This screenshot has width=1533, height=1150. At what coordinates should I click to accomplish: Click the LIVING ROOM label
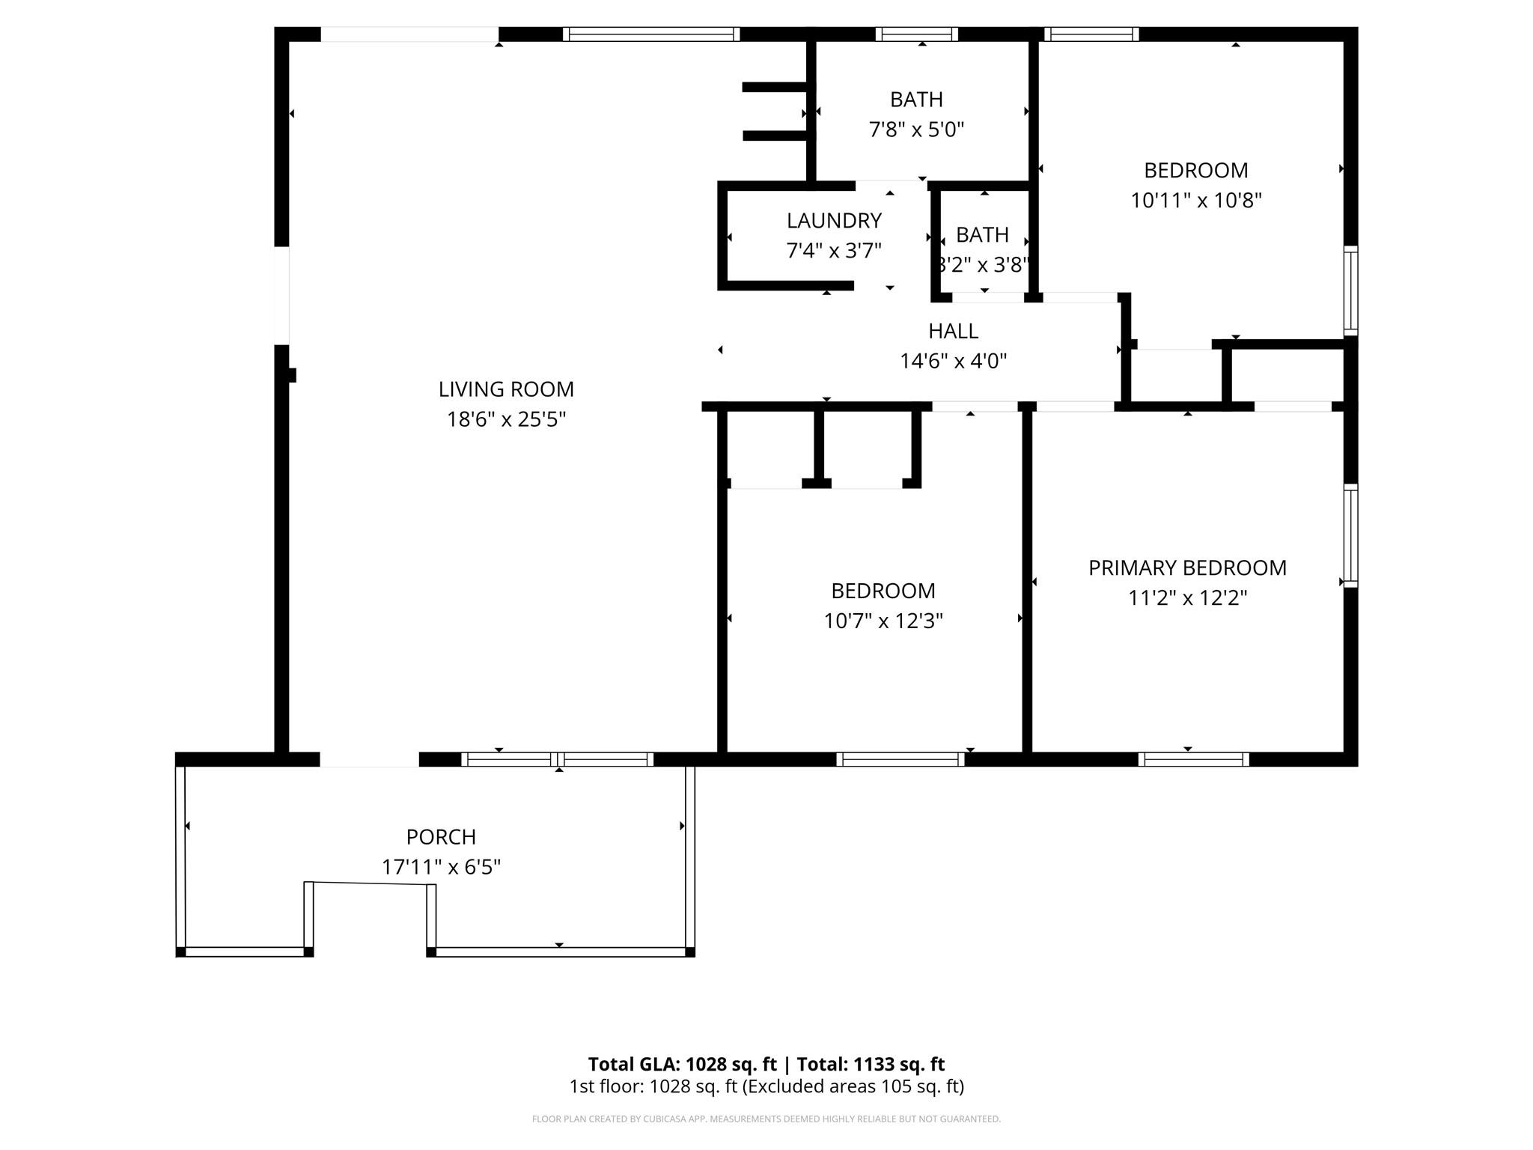[506, 389]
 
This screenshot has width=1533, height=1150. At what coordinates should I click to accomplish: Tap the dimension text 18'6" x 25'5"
[506, 419]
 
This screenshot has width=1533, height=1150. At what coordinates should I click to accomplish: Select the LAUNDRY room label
[833, 221]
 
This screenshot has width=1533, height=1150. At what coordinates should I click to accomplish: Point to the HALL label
[953, 331]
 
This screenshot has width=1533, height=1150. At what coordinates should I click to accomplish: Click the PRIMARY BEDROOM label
[1187, 568]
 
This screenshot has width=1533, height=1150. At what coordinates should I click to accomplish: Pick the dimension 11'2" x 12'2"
[1187, 598]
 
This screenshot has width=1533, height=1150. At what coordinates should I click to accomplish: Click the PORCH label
[441, 837]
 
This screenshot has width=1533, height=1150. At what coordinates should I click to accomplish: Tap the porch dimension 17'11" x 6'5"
[441, 867]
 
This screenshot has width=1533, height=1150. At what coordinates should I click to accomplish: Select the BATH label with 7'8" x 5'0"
[916, 100]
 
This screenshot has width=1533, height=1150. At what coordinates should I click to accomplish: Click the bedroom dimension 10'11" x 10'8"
[1195, 201]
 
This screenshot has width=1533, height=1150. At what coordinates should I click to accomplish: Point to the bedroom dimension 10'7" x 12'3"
[883, 621]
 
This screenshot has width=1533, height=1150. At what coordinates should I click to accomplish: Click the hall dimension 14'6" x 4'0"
[953, 362]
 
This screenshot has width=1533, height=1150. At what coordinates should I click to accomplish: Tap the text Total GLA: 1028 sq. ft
[682, 1065]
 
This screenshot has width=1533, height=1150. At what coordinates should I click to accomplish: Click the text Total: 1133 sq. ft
[871, 1065]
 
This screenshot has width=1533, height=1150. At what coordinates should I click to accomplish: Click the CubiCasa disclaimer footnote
[766, 1119]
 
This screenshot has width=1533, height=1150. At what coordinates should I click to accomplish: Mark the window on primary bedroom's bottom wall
[1193, 759]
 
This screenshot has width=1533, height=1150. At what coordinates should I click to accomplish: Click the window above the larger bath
[916, 34]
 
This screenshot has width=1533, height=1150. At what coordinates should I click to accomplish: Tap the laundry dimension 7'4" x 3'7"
[833, 251]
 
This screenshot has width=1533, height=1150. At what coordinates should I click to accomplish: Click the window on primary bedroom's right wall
[1350, 535]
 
